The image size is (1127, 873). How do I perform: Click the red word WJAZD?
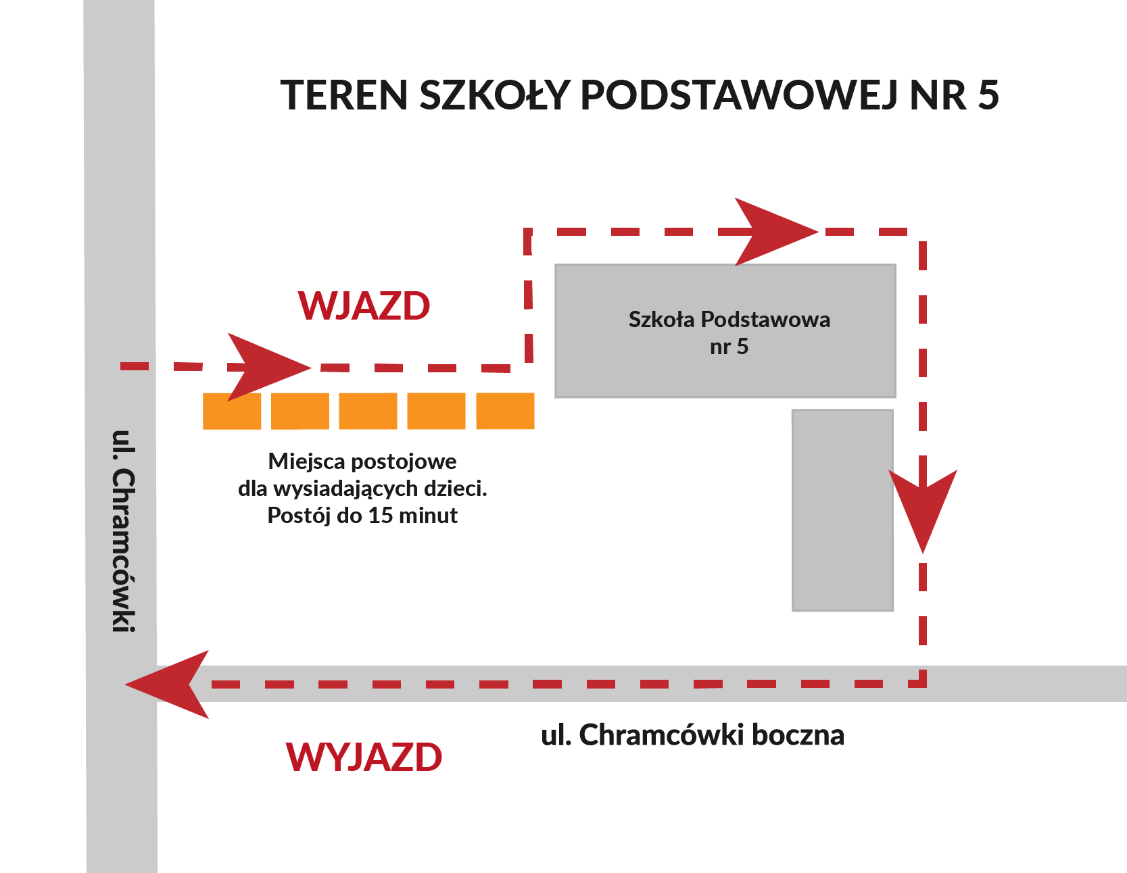point(364,305)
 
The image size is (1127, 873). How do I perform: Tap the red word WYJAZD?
point(364,757)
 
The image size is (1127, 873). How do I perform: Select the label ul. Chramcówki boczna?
point(692,735)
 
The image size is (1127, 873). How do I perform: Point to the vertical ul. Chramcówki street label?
point(123,530)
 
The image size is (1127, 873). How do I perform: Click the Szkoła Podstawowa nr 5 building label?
point(729,332)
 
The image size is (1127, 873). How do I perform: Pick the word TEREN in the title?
point(345,95)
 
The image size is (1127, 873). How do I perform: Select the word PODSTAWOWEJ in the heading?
point(740,95)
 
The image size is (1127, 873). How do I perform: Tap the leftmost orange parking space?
point(232,411)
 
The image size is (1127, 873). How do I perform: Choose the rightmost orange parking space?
point(505,411)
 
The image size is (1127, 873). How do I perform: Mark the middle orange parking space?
point(368,411)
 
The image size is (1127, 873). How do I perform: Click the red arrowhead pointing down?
point(923,510)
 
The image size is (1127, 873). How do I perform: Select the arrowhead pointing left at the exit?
point(167,684)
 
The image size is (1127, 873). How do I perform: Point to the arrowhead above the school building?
point(776,232)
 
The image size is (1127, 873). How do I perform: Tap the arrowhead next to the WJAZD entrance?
point(269,367)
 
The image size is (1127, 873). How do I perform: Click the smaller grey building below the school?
point(842,510)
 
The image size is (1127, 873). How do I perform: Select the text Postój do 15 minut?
point(362,516)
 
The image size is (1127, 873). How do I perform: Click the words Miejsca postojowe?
point(362,462)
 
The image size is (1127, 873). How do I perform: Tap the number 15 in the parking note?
point(381,516)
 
